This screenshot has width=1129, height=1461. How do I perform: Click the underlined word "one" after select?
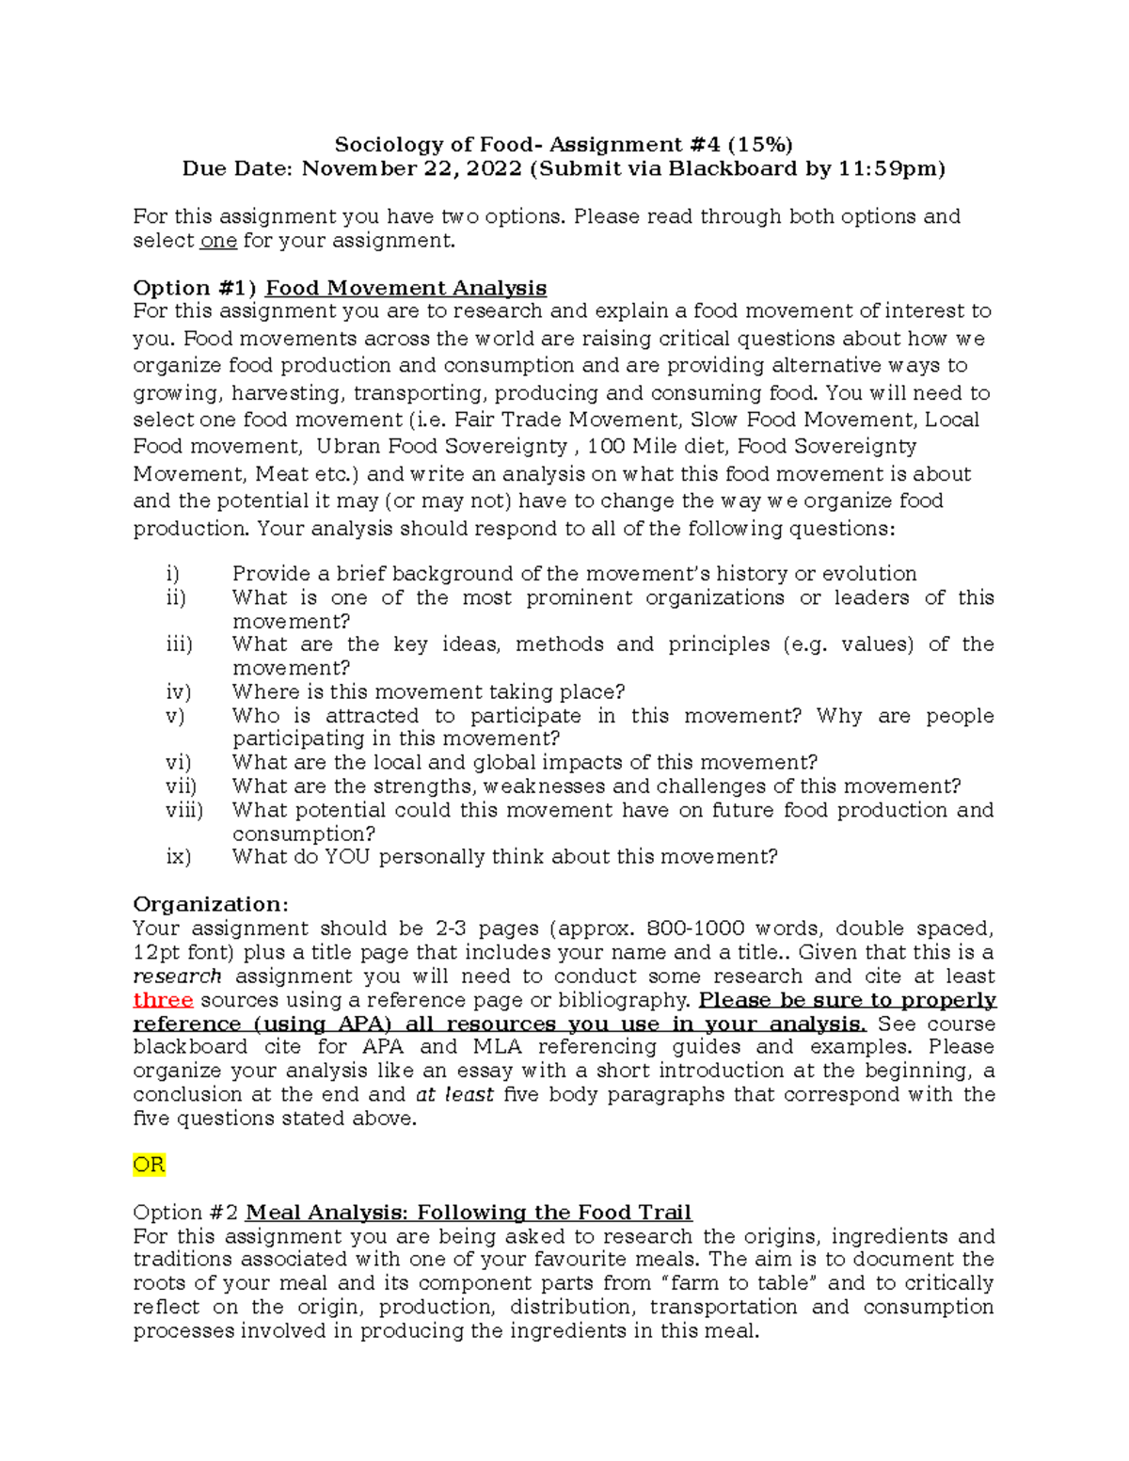pyautogui.click(x=218, y=241)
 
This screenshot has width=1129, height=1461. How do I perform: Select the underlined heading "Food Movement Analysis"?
pyautogui.click(x=405, y=288)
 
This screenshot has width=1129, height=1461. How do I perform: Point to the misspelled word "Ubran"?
pyautogui.click(x=348, y=447)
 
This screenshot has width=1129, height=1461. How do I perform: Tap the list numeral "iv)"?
pyautogui.click(x=178, y=692)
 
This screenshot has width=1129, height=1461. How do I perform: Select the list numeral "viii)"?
pyautogui.click(x=184, y=810)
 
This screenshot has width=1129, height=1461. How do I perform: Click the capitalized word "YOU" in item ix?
pyautogui.click(x=348, y=857)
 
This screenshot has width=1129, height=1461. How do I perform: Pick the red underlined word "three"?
pyautogui.click(x=163, y=1000)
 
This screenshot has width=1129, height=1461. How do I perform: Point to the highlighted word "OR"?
pyautogui.click(x=149, y=1165)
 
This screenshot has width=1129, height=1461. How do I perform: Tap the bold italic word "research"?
pyautogui.click(x=177, y=977)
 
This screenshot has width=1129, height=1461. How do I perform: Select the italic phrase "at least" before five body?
pyautogui.click(x=454, y=1095)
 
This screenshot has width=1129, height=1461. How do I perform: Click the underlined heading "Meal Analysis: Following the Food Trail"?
pyautogui.click(x=468, y=1213)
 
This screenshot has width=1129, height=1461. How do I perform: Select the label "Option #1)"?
pyautogui.click(x=195, y=288)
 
